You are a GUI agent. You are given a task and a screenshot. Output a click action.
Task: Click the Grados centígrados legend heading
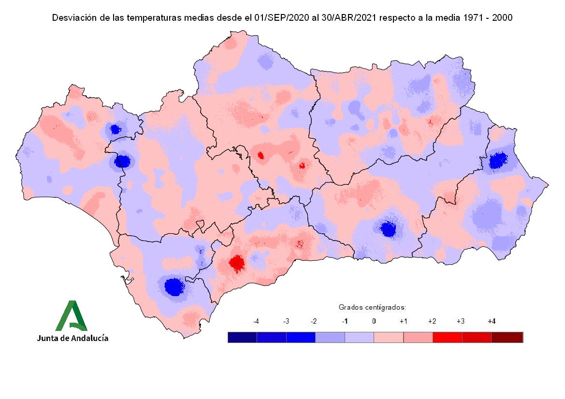(372, 307)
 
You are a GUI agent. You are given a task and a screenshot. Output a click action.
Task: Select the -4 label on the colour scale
(256, 321)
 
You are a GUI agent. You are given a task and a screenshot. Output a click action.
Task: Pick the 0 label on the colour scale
(374, 321)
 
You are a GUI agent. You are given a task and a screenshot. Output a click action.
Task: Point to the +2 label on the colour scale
(432, 321)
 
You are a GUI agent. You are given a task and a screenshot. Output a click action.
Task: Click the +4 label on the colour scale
(492, 321)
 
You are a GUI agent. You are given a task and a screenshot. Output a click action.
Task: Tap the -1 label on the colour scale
(345, 321)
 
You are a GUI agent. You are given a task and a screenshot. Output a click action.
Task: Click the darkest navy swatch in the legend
(242, 337)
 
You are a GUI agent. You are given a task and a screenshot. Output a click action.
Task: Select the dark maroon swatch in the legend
(507, 337)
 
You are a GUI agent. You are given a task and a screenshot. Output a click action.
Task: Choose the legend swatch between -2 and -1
(330, 337)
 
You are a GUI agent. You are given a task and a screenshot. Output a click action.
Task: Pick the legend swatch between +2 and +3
(448, 337)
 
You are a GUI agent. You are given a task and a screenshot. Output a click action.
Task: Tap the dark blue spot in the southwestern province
(173, 286)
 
